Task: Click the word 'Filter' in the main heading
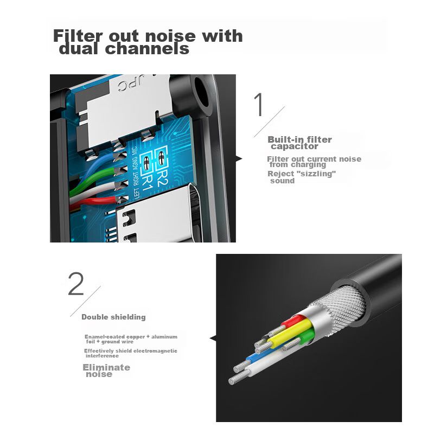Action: click(78, 36)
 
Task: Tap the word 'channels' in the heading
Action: click(147, 49)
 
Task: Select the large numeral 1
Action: click(259, 105)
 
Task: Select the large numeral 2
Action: click(76, 284)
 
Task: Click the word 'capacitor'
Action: click(295, 146)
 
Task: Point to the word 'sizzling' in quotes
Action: click(316, 174)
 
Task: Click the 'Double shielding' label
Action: click(113, 317)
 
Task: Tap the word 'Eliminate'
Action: click(106, 368)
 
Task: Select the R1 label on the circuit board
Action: click(147, 183)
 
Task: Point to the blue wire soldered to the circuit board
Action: click(94, 169)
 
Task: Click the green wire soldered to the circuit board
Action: click(91, 180)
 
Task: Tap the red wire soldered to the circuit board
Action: click(94, 202)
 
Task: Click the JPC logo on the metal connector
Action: click(130, 85)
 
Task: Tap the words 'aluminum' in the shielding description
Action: click(164, 337)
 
